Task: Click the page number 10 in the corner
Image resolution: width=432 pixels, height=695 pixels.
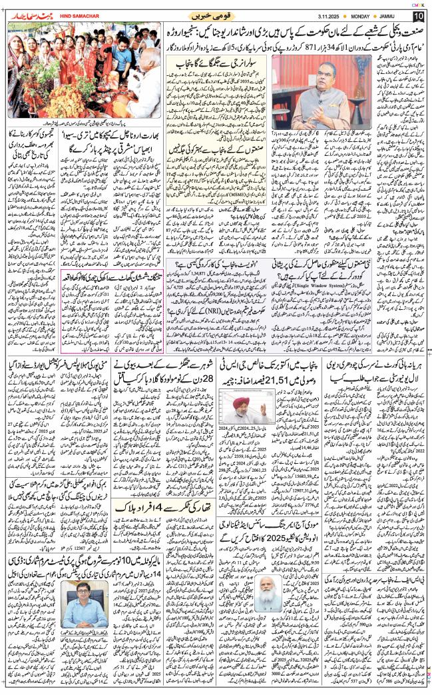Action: [419, 15]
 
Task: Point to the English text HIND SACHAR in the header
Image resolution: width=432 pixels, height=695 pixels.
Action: [79, 15]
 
